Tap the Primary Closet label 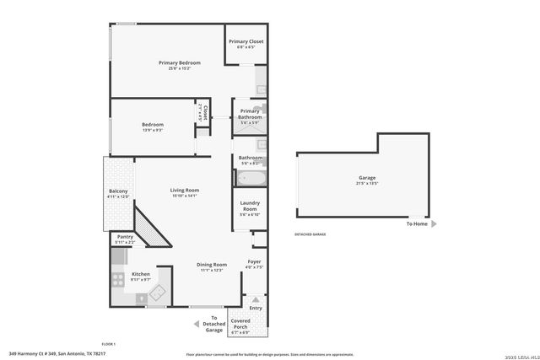pos(246,40)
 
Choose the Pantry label pos(125,237)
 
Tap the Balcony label pos(118,191)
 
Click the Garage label pos(367,177)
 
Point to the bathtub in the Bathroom pos(251,178)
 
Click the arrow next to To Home pos(434,224)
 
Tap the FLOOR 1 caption pos(108,344)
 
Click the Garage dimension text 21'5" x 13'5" pos(367,183)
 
